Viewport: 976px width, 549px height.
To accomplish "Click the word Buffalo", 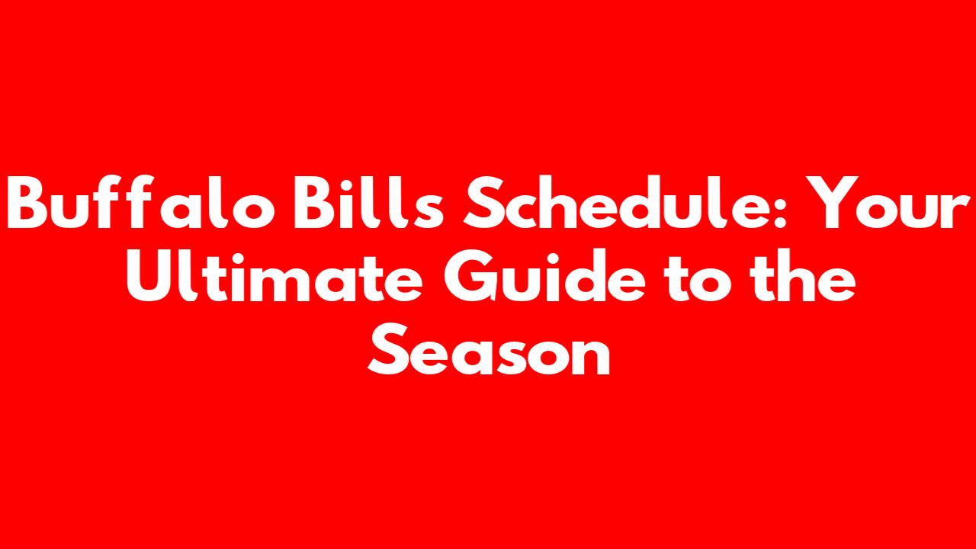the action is pyautogui.click(x=141, y=202).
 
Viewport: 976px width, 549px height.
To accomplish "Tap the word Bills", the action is pyautogui.click(x=368, y=202).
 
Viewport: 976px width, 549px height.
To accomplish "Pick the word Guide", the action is pyautogui.click(x=544, y=275).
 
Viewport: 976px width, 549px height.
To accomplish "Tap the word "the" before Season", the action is pyautogui.click(x=801, y=275).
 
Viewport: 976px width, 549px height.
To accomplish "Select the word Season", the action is pyautogui.click(x=489, y=349).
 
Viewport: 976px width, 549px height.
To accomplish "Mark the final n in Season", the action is pyautogui.click(x=589, y=356).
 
